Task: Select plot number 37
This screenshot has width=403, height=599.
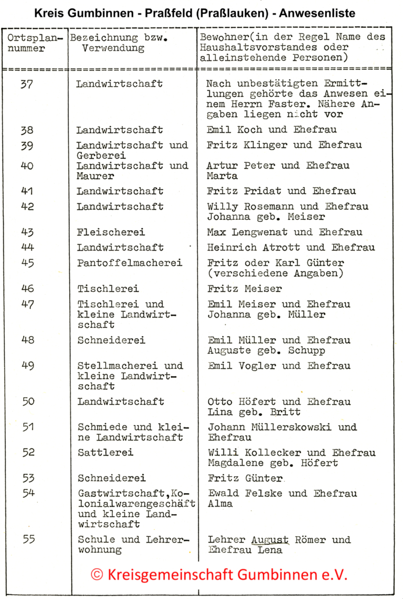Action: (x=27, y=84)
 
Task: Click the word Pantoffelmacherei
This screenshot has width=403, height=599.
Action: (x=130, y=263)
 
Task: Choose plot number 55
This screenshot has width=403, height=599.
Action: (x=28, y=540)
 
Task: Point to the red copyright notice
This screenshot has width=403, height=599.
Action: (x=219, y=575)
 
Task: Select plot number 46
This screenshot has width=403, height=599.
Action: (x=28, y=288)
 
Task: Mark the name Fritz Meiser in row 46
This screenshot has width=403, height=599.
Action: (x=244, y=288)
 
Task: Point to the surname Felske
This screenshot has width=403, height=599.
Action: (x=258, y=493)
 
